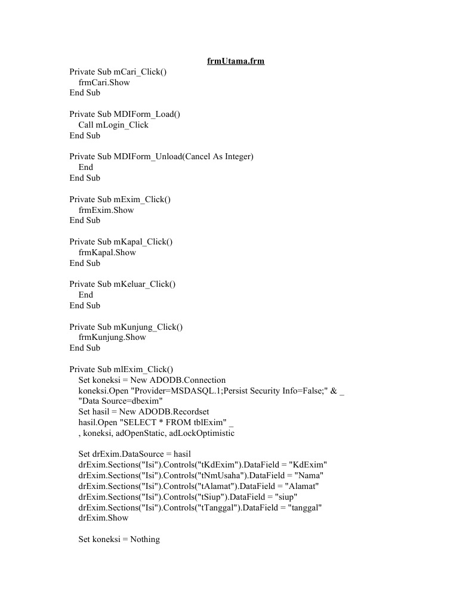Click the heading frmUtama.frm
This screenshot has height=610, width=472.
point(236,61)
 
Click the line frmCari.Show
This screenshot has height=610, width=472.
point(104,82)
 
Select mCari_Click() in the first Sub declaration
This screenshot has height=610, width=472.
point(140,72)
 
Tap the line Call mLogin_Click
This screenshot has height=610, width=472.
point(113,125)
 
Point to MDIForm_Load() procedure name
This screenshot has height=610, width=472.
point(147,114)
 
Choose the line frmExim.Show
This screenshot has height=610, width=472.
point(106,210)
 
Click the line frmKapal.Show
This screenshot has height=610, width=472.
point(107,252)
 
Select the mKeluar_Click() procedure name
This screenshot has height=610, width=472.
point(145,284)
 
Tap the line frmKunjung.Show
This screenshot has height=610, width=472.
point(112,337)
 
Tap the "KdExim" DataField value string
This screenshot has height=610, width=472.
point(307,465)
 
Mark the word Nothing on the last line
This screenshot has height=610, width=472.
point(145,539)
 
